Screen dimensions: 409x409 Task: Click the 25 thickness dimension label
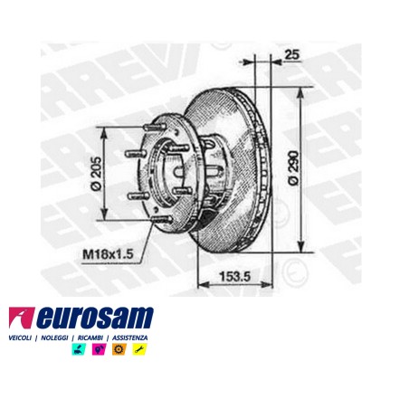[x=291, y=54]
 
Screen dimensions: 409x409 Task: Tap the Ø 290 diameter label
[x=294, y=167]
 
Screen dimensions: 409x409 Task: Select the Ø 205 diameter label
[x=96, y=174]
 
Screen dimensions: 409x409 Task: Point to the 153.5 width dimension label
[x=235, y=276]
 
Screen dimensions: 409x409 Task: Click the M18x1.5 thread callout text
[x=108, y=254]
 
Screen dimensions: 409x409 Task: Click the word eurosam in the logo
[x=96, y=318]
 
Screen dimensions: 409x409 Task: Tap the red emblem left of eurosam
[x=21, y=318]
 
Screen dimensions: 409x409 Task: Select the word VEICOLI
[x=20, y=338]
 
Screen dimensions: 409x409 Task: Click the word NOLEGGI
[x=54, y=338]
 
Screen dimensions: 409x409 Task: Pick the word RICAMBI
[x=90, y=338]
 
